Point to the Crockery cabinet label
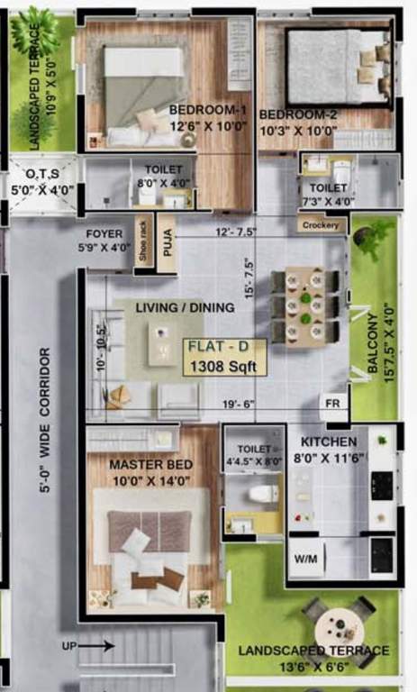click(322, 224)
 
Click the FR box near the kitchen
click(332, 404)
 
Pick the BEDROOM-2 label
click(297, 114)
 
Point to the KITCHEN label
click(329, 442)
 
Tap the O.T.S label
click(35, 173)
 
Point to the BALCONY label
click(374, 342)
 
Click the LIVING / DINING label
click(186, 307)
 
